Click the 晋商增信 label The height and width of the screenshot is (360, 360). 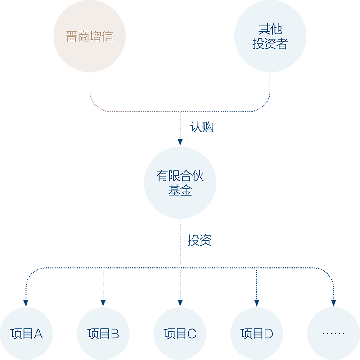pyautogui.click(x=89, y=36)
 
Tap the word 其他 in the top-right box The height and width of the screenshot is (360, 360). pyautogui.click(x=270, y=29)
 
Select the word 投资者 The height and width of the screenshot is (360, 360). pyautogui.click(x=270, y=44)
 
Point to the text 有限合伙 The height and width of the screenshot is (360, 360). pyautogui.click(x=180, y=176)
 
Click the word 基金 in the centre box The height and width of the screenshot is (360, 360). pyautogui.click(x=180, y=191)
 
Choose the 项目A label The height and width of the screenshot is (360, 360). pyautogui.click(x=27, y=334)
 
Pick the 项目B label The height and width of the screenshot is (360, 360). pyautogui.click(x=103, y=334)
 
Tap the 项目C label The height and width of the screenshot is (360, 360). pyautogui.click(x=180, y=334)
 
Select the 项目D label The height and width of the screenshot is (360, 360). pyautogui.click(x=256, y=334)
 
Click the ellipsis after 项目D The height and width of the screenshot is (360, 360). pyautogui.click(x=333, y=334)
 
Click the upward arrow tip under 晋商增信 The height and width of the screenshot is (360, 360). pyautogui.click(x=90, y=73)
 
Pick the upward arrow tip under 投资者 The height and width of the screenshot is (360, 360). pyautogui.click(x=270, y=73)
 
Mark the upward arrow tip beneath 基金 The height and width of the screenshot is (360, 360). pyautogui.click(x=180, y=219)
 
